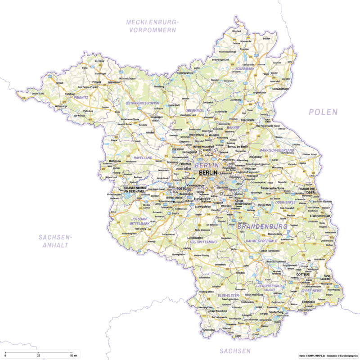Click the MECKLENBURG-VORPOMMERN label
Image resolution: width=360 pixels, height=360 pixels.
153,26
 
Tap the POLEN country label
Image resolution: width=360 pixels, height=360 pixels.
323,112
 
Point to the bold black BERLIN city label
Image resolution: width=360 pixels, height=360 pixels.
208,172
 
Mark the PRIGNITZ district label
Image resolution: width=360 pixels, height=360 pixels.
81,96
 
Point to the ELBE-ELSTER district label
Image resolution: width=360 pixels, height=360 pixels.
228,295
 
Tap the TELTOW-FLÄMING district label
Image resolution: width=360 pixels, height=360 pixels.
203,242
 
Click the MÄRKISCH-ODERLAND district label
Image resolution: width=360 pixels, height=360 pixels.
277,150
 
